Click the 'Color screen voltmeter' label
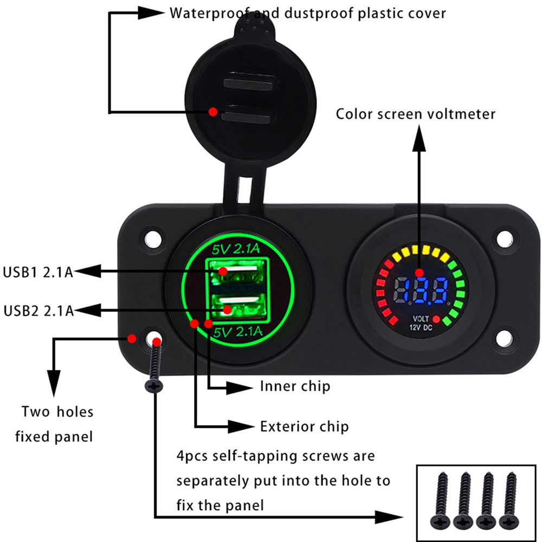[415, 114]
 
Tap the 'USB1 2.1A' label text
[38, 271]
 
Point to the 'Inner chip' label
[295, 386]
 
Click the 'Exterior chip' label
[304, 426]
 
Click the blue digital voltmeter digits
[420, 291]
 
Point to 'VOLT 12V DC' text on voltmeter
[420, 323]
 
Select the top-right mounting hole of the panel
[505, 237]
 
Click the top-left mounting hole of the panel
[154, 237]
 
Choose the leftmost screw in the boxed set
[440, 499]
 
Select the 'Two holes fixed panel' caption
[54, 423]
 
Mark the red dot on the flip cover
[214, 112]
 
